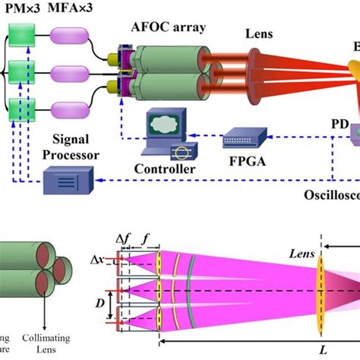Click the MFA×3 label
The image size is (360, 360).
[69, 9]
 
